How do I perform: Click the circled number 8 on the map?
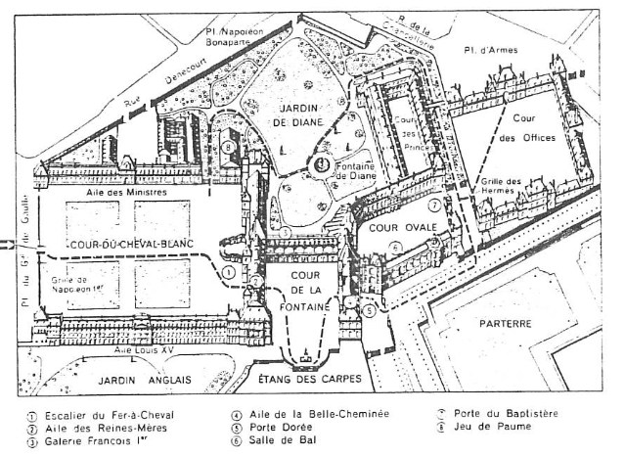(227, 148)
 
